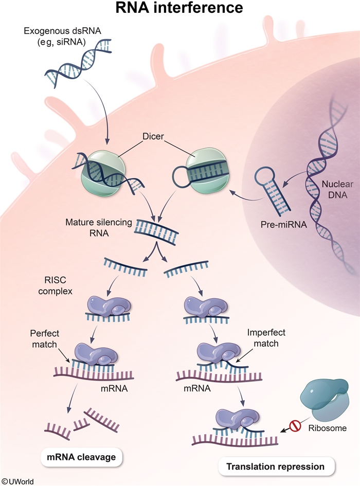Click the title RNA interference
point(179,9)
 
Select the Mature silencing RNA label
point(99,228)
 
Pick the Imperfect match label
point(262,337)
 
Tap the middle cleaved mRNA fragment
point(80,423)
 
